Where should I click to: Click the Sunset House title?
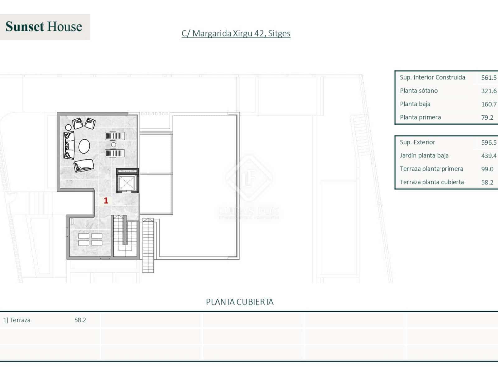click(x=44, y=27)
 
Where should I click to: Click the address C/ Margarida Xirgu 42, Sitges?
click(x=236, y=33)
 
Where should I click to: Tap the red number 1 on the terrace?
click(x=106, y=200)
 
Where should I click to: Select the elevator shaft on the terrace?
click(x=127, y=182)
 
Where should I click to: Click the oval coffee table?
click(x=84, y=146)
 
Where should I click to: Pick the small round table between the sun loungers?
click(x=114, y=145)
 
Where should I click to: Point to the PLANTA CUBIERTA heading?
click(x=240, y=302)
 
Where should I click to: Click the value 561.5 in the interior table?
click(x=489, y=78)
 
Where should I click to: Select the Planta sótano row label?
click(x=419, y=91)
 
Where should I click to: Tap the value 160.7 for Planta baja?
click(x=489, y=104)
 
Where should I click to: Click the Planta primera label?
click(x=420, y=117)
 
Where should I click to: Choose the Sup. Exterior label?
click(x=417, y=142)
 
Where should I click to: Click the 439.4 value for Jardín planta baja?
click(x=489, y=156)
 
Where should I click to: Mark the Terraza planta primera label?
click(x=431, y=169)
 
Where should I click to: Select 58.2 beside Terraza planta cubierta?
click(x=487, y=182)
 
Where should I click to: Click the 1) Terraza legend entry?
click(x=17, y=320)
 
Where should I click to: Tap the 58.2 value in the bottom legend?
click(x=80, y=320)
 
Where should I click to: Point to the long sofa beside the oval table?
click(x=69, y=145)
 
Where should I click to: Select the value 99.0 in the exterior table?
click(x=487, y=169)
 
